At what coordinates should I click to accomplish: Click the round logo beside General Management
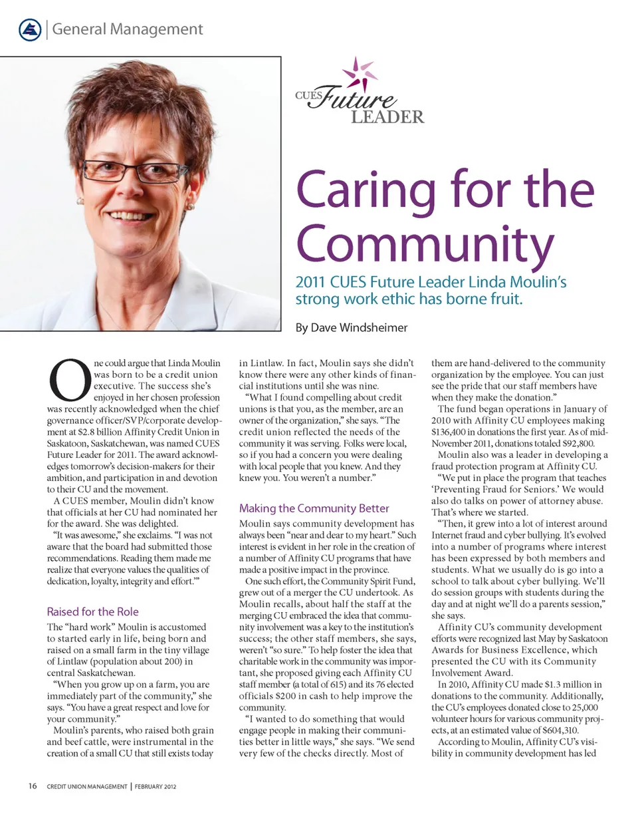(x=30, y=30)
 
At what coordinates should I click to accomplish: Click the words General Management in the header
(x=127, y=29)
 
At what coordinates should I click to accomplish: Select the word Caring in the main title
(x=366, y=192)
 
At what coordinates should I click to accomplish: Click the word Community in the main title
(x=420, y=245)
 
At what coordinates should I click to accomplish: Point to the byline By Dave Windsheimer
(x=351, y=327)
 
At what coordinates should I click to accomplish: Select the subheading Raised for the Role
(x=92, y=611)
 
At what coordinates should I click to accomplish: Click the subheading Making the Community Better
(x=314, y=508)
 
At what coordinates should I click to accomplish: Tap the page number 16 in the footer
(x=32, y=786)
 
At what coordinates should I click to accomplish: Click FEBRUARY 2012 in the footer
(x=156, y=786)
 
